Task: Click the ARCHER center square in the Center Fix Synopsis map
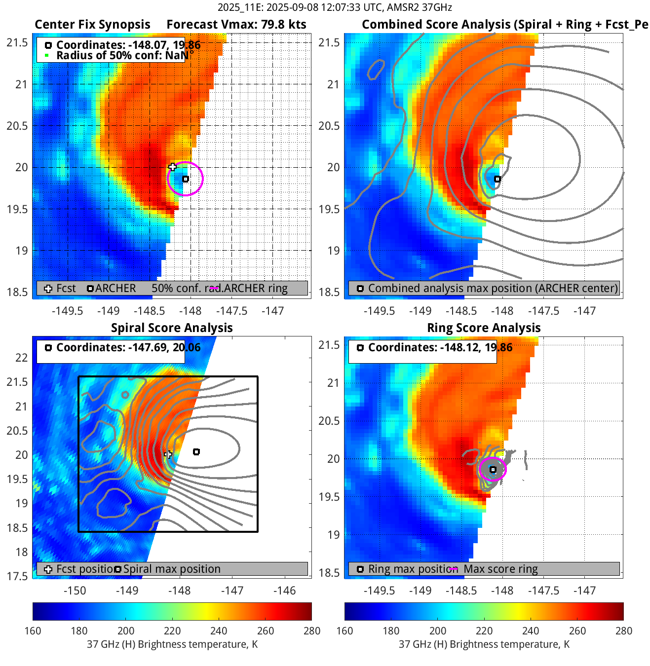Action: coord(186,179)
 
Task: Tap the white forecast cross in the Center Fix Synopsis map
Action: coord(172,167)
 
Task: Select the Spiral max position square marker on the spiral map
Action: coord(196,452)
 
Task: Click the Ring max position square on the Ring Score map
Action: coord(493,470)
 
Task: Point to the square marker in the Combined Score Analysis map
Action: coord(497,179)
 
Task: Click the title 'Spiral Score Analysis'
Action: coord(172,328)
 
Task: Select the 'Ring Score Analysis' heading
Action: coord(484,328)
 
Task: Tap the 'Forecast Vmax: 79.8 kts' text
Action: coord(236,25)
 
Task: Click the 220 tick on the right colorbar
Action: coord(484,630)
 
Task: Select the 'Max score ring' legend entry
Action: coord(500,569)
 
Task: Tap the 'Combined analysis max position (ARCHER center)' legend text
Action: coord(493,288)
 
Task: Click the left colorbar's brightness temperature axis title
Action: coord(172,644)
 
